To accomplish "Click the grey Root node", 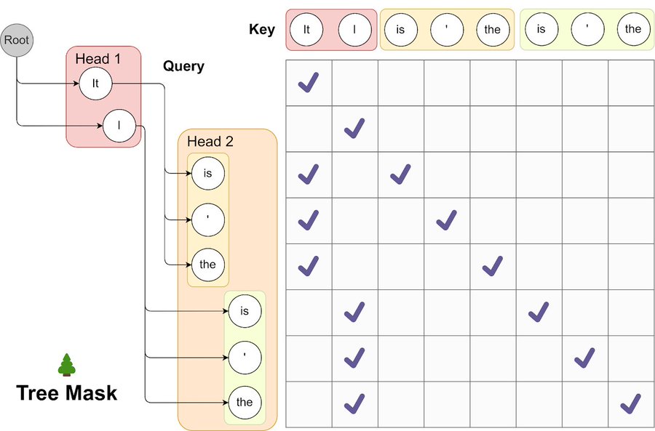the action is pyautogui.click(x=17, y=40).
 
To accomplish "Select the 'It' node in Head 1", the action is pyautogui.click(x=95, y=84).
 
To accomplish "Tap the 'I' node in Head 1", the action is pyautogui.click(x=119, y=126).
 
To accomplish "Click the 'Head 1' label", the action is pyautogui.click(x=98, y=59).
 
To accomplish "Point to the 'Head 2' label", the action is pyautogui.click(x=210, y=142).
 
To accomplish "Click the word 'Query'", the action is pyautogui.click(x=183, y=66).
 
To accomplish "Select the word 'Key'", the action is pyautogui.click(x=262, y=29).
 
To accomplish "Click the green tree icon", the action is pyautogui.click(x=67, y=365).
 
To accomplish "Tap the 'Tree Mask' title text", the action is pyautogui.click(x=67, y=393).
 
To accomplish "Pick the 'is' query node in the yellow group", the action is pyautogui.click(x=208, y=173).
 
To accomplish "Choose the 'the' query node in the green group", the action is pyautogui.click(x=245, y=402).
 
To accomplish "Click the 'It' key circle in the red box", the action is pyautogui.click(x=306, y=30).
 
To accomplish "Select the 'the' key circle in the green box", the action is pyautogui.click(x=633, y=29).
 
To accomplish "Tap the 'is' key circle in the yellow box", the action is pyautogui.click(x=400, y=30).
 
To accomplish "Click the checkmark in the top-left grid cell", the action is pyautogui.click(x=309, y=82).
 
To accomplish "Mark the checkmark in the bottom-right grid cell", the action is pyautogui.click(x=631, y=404).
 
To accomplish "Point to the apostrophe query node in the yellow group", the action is pyautogui.click(x=208, y=220).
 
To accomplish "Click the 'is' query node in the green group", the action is pyautogui.click(x=245, y=311).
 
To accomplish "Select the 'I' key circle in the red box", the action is pyautogui.click(x=355, y=30).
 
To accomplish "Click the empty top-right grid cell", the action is pyautogui.click(x=631, y=83).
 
